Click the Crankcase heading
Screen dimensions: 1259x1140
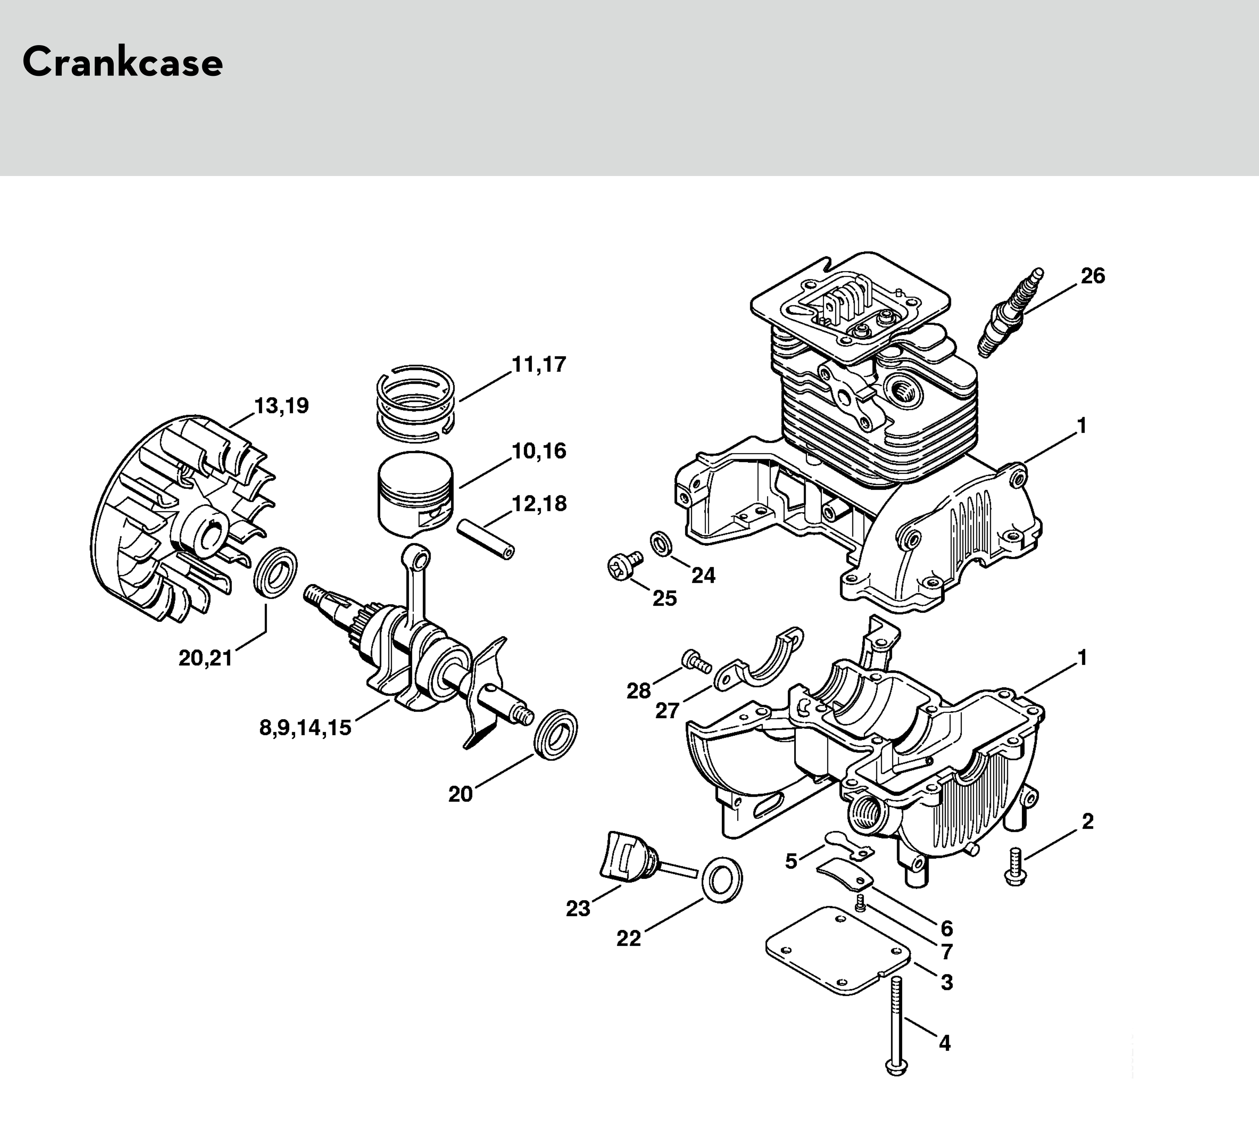[x=123, y=62]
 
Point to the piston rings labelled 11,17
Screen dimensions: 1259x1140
[x=415, y=400]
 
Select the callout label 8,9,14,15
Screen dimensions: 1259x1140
[x=305, y=728]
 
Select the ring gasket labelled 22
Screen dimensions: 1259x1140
[x=723, y=879]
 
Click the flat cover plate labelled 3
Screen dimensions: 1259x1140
[x=838, y=950]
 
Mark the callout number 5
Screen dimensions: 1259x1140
[x=791, y=861]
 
